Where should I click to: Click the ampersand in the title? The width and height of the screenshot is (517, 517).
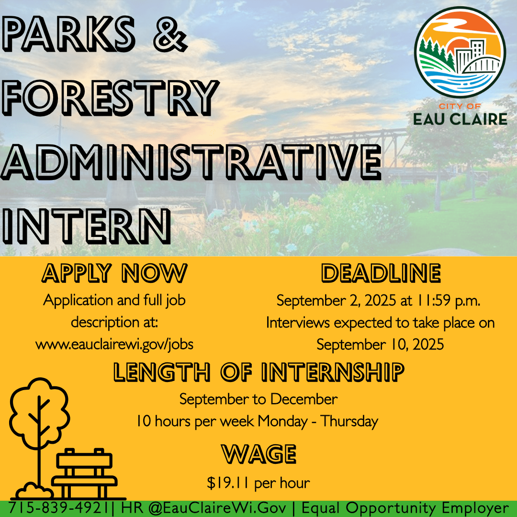click(170, 34)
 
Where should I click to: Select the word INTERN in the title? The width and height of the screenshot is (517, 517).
click(86, 226)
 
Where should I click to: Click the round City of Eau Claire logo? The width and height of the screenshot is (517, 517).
click(460, 52)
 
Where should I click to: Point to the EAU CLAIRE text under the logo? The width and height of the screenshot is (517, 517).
click(460, 119)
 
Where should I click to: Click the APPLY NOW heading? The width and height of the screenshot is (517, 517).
click(114, 273)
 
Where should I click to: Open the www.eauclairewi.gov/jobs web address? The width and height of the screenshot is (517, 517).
click(114, 344)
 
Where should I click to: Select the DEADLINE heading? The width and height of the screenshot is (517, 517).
click(381, 273)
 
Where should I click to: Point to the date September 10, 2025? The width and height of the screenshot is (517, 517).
click(380, 345)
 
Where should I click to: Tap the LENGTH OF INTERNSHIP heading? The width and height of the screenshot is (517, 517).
click(258, 372)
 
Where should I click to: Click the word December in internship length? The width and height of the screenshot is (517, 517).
click(304, 399)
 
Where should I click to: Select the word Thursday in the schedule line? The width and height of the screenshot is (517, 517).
click(349, 421)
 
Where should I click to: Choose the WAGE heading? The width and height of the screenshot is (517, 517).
click(258, 454)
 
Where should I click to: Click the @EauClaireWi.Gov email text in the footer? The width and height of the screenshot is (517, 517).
click(217, 508)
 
